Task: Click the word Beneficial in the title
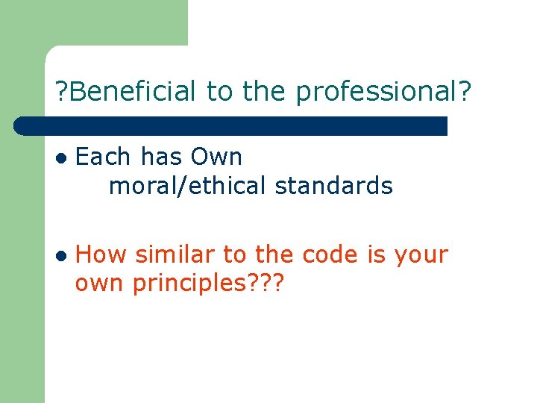(134, 92)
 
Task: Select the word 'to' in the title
(219, 92)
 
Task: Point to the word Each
(104, 157)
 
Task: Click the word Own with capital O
(216, 157)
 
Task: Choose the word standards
(333, 186)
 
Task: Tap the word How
(101, 255)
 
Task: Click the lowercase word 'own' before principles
(101, 284)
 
